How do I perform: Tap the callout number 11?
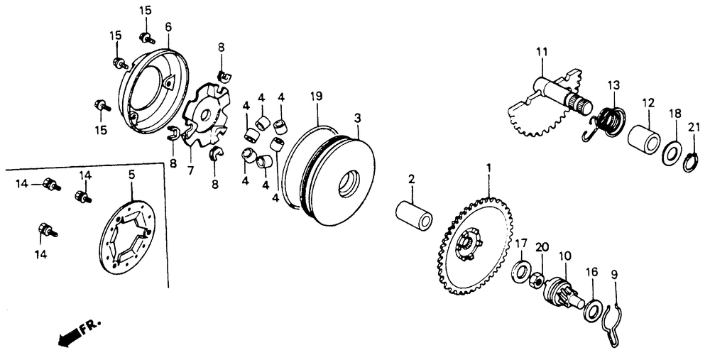point(541,52)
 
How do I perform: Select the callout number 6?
point(168,26)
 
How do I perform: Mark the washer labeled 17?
point(521,271)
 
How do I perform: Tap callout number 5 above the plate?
point(131,173)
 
